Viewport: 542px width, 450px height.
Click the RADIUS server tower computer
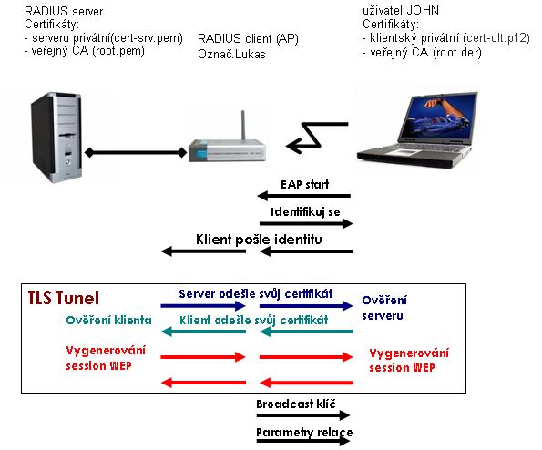57,138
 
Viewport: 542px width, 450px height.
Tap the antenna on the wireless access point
243,125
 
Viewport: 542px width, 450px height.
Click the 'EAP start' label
304,185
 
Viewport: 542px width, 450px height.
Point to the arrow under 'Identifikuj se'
306,223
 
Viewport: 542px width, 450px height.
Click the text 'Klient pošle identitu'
259,240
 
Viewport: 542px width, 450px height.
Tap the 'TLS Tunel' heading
64,298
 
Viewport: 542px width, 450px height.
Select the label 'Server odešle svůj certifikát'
256,294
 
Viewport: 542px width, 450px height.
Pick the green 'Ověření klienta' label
109,320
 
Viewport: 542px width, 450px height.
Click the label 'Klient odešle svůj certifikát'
254,320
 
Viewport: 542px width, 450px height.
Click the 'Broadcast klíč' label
296,404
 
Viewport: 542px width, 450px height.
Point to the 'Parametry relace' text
304,433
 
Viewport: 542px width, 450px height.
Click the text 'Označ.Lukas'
231,55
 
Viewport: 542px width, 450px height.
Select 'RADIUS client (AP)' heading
248,38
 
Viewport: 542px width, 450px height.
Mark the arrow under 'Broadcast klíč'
302,415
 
